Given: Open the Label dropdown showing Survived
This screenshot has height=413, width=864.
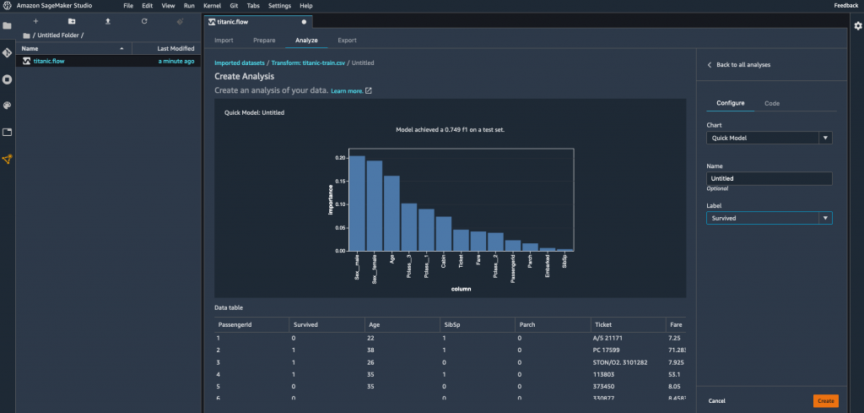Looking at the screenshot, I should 769,218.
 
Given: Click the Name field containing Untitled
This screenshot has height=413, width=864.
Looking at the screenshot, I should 769,179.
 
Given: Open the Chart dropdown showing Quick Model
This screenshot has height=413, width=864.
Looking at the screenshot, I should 769,138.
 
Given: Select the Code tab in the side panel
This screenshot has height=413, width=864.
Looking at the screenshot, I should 771,103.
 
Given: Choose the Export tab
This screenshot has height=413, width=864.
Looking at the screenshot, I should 347,41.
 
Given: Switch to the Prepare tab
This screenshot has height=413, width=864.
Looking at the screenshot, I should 264,41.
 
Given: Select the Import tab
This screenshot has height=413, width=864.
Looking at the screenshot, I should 224,41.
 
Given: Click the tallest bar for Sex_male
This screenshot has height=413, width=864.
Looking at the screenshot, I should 357,204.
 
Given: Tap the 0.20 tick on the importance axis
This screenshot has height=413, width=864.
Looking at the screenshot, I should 340,158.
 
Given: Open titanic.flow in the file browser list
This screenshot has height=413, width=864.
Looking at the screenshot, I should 51,61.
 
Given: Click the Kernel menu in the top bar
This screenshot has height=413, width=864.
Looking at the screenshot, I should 212,6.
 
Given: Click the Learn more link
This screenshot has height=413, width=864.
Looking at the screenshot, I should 347,90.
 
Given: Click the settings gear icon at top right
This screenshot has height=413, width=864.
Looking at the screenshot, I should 857,26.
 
